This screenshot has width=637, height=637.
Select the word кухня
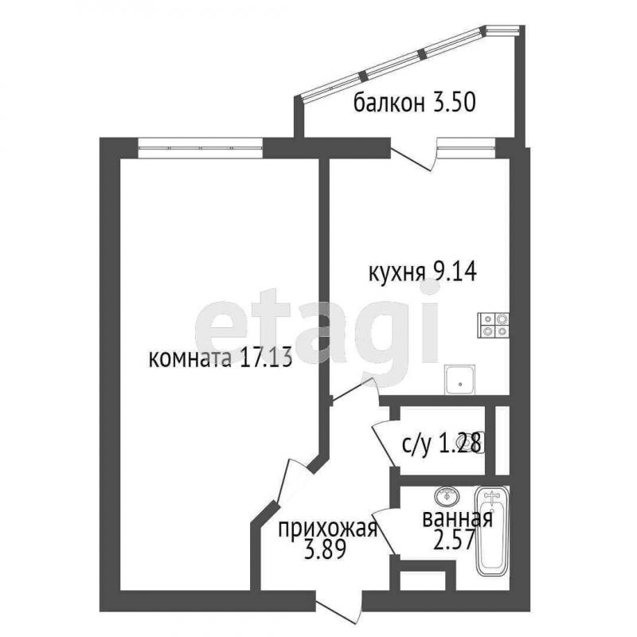[x=396, y=272]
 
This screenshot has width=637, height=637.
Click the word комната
[x=190, y=359]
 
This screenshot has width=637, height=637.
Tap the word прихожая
[x=328, y=530]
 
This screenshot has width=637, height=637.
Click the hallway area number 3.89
[x=325, y=549]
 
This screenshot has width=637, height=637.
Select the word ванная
[x=458, y=519]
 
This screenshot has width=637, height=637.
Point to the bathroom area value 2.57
[x=454, y=540]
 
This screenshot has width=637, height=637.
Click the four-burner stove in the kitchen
[x=493, y=325]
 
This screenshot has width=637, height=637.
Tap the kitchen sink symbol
[x=459, y=380]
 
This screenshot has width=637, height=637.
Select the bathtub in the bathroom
[x=492, y=531]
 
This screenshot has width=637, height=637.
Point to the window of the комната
[x=201, y=148]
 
